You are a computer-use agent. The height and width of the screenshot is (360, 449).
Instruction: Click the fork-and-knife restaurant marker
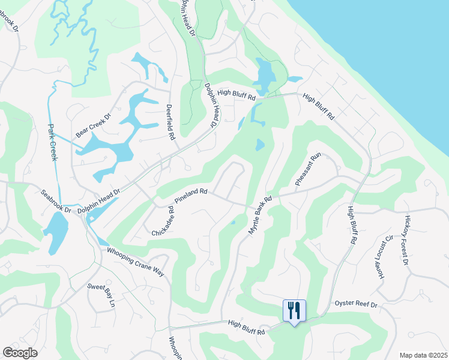pos(294,311)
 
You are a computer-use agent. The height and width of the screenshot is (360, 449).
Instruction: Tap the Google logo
pos(20,353)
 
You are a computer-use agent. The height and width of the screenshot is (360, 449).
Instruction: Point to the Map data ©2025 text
pos(423,355)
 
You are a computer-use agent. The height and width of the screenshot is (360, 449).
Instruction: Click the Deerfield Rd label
pos(170,123)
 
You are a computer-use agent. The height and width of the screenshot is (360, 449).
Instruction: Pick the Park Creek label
pos(52,142)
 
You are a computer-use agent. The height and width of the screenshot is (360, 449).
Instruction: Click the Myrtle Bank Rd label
pos(260,215)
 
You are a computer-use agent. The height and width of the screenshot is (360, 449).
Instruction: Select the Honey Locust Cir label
pos(382,252)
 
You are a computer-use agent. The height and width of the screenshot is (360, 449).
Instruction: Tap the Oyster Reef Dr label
pos(356,305)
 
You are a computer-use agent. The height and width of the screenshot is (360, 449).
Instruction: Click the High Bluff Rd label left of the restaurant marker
pos(246,323)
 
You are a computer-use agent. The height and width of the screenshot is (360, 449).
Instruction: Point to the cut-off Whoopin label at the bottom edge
pos(175,348)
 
